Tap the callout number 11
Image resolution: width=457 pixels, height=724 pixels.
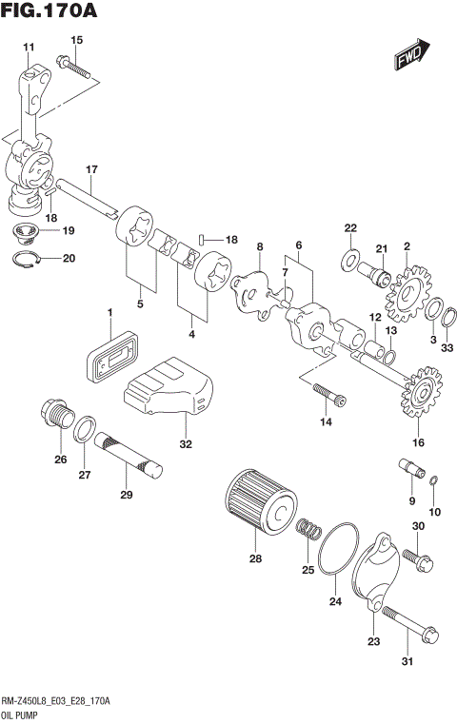(27, 47)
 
